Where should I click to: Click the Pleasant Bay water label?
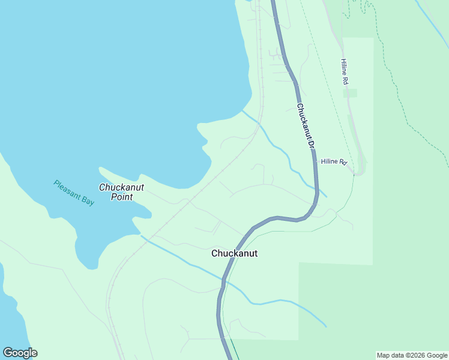click(x=74, y=193)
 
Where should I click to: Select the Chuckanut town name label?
click(x=234, y=253)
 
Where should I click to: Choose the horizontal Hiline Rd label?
click(x=334, y=161)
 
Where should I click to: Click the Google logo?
click(x=20, y=353)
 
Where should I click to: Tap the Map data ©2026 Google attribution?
click(x=412, y=355)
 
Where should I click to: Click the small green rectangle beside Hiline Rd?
click(x=350, y=93)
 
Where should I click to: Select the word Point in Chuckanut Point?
click(x=122, y=197)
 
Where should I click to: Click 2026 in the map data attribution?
click(x=414, y=355)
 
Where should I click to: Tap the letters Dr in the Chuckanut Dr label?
click(x=311, y=143)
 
